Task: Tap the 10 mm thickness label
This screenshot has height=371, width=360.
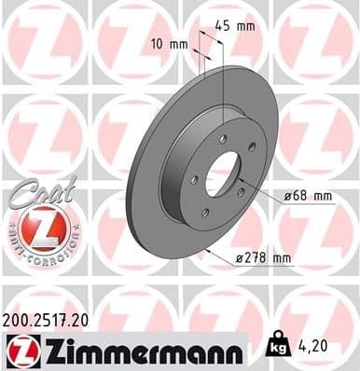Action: [x=171, y=44]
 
